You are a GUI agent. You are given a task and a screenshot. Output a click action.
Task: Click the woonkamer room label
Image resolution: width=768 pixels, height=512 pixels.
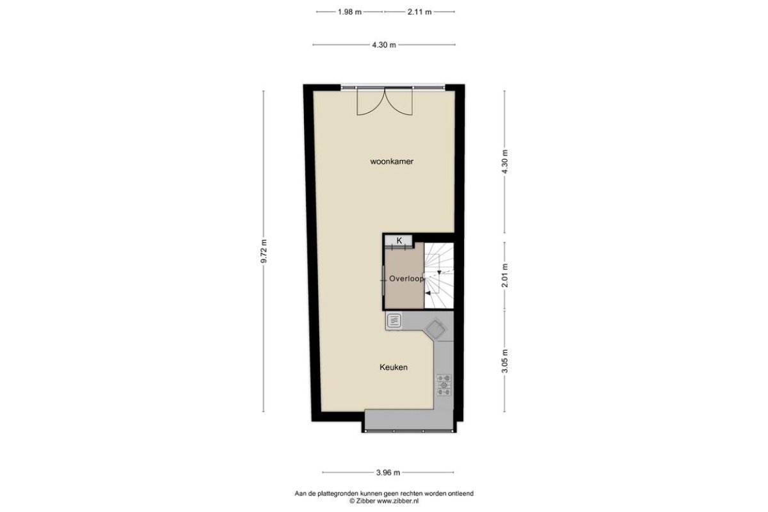[392, 161]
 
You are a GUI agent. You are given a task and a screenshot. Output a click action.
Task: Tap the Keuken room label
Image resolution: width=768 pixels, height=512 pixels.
[394, 367]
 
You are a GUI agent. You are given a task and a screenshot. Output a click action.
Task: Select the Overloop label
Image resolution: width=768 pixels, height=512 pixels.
[406, 279]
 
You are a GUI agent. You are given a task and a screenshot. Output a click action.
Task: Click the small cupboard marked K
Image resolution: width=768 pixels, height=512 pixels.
[398, 241]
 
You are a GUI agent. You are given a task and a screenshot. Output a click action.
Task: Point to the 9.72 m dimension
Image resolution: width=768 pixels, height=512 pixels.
[263, 251]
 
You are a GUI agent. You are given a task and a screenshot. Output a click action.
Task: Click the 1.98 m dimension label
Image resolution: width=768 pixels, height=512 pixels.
[349, 12]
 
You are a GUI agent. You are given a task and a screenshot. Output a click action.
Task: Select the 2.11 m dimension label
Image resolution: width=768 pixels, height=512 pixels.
[419, 12]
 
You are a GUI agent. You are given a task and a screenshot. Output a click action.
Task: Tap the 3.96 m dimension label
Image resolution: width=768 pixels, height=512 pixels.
[388, 472]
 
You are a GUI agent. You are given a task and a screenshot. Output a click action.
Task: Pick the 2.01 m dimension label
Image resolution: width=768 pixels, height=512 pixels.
[504, 276]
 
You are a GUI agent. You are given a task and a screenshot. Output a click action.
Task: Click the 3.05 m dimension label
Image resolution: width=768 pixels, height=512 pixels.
[504, 361]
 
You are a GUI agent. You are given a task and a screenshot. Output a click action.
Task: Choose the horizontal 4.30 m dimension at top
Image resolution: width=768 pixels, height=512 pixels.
[384, 45]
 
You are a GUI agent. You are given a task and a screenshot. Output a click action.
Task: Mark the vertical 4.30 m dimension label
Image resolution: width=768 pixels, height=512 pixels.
[504, 162]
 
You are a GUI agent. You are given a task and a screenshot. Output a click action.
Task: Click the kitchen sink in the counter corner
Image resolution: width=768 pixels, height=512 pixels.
[435, 330]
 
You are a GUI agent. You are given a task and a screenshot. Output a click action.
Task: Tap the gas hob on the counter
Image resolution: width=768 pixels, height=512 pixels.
[444, 385]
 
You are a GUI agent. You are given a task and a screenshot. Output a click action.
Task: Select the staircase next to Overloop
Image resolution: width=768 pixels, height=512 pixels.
[439, 275]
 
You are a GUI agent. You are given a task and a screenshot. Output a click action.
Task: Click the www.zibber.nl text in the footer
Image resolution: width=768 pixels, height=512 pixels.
[398, 501]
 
